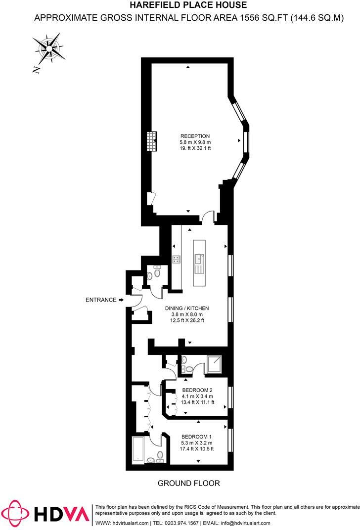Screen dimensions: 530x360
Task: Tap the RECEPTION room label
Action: click(195, 136)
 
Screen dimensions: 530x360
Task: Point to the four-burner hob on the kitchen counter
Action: click(176, 258)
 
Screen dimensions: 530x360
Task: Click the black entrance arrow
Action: click(121, 300)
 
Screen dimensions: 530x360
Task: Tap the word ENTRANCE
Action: click(101, 300)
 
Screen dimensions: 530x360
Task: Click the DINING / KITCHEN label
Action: click(184, 308)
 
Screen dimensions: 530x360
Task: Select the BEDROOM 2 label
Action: click(197, 390)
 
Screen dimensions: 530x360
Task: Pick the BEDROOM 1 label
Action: click(196, 437)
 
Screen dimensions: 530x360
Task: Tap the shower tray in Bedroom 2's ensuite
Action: click(215, 365)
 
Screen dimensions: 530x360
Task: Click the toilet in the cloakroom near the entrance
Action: click(157, 272)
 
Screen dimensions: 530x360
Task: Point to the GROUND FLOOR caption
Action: click(188, 483)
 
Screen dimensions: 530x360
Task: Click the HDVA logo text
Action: click(63, 513)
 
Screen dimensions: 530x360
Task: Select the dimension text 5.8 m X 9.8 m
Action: click(195, 142)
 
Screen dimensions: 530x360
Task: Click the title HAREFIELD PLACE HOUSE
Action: click(188, 5)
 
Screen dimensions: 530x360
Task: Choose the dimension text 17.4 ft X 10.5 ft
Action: click(196, 449)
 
